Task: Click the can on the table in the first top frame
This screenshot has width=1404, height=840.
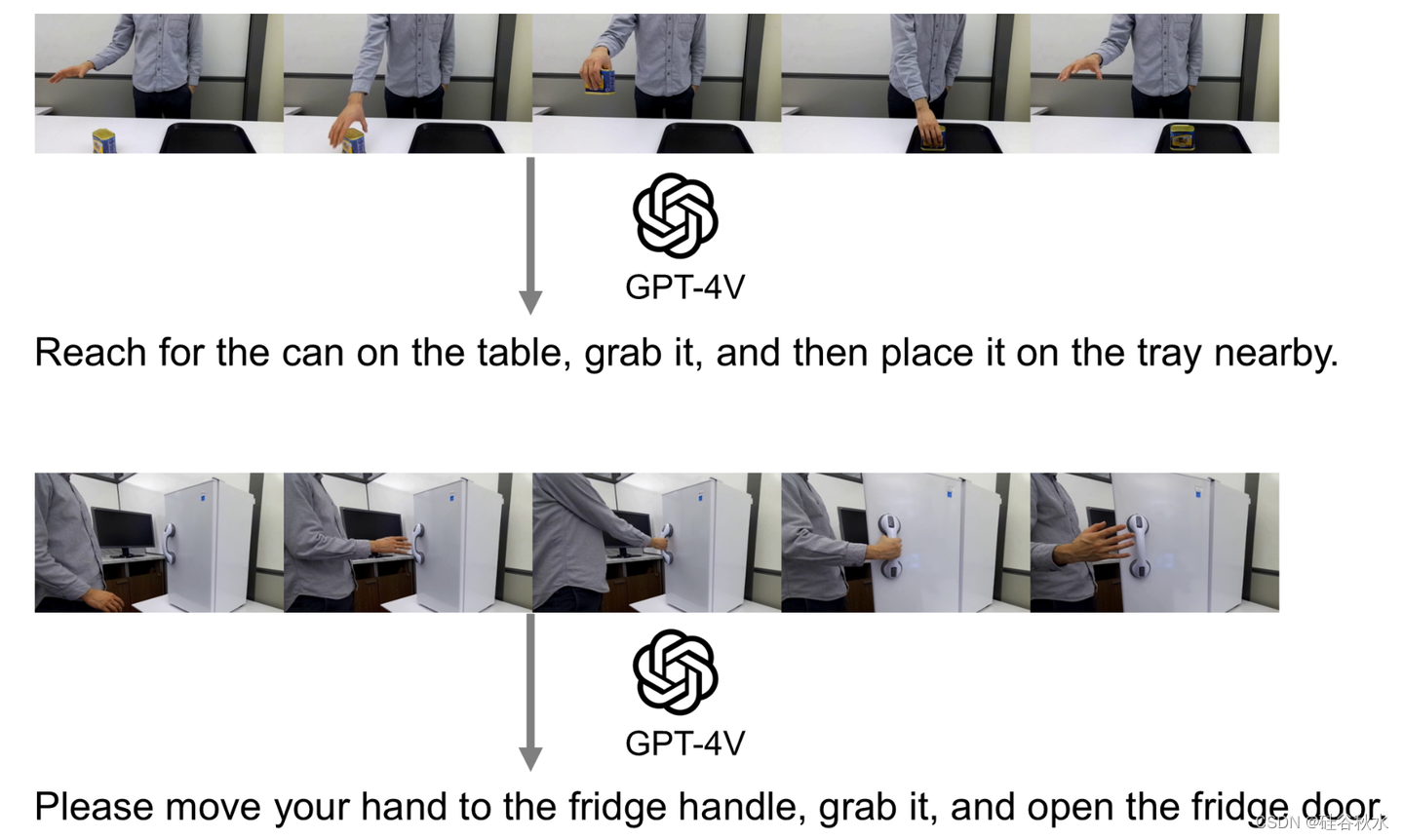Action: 104,141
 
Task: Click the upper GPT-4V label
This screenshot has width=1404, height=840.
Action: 685,287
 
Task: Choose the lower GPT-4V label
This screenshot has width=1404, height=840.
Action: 685,744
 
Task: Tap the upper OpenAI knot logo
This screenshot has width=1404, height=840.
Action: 675,215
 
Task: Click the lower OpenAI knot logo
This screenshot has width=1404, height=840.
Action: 675,672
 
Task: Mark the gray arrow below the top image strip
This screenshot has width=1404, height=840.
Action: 530,236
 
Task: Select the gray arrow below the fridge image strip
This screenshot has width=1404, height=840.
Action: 530,693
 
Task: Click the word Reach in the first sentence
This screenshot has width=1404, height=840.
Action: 91,353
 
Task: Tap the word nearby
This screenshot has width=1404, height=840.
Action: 1276,355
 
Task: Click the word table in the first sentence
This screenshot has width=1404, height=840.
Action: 524,354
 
